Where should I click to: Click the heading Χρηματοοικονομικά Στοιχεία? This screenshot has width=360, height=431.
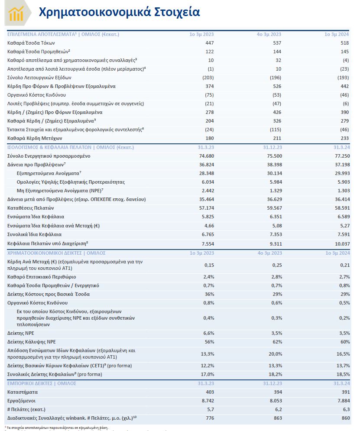point(119,12)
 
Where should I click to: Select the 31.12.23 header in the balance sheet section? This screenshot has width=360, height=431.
point(273,147)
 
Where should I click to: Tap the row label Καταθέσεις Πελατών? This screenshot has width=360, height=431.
point(32,208)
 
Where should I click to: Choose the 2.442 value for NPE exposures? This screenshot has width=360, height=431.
point(207,191)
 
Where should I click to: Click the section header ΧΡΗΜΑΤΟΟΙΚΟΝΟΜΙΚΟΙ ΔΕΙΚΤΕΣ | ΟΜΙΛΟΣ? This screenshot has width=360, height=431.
point(57,253)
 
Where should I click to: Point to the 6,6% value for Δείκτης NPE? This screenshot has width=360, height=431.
point(208,334)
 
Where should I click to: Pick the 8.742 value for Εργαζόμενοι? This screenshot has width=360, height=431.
point(207,401)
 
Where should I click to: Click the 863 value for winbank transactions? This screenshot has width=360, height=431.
point(277,418)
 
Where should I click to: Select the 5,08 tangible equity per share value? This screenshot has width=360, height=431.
point(276,226)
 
